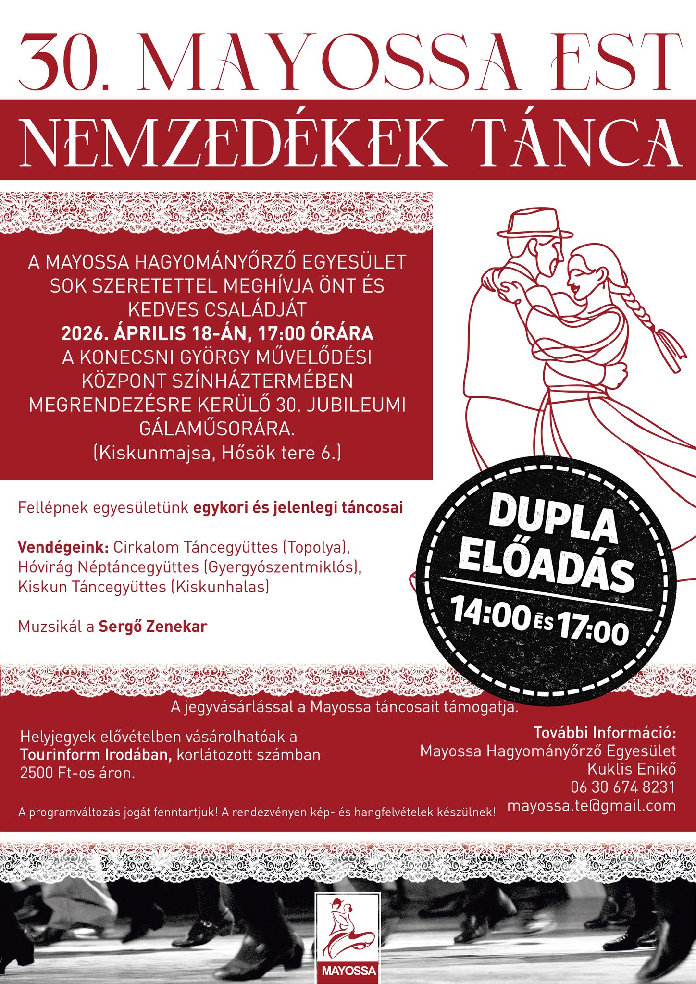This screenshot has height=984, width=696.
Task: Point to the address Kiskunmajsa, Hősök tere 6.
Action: click(x=217, y=453)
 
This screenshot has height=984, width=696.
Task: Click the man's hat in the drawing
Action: click(x=534, y=224)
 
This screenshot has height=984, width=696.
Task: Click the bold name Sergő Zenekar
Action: click(x=153, y=627)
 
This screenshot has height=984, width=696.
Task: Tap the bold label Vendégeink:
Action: click(x=63, y=547)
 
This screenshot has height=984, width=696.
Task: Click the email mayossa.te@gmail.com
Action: click(x=591, y=806)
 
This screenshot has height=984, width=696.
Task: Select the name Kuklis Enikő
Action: click(x=631, y=769)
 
